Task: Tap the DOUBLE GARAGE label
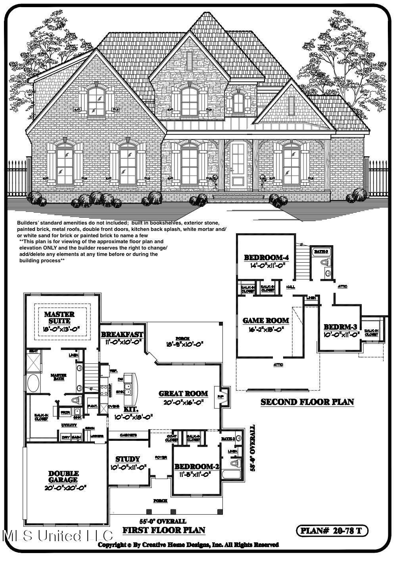pyautogui.click(x=63, y=476)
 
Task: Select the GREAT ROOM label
pyautogui.click(x=183, y=394)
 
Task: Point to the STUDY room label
pyautogui.click(x=128, y=459)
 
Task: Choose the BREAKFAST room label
pyautogui.click(x=122, y=334)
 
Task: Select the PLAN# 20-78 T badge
pyautogui.click(x=332, y=530)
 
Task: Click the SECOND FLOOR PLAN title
pyautogui.click(x=307, y=402)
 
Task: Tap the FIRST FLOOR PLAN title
pyautogui.click(x=163, y=530)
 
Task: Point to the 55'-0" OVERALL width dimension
pyautogui.click(x=163, y=521)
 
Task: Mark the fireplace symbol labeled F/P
pyautogui.click(x=221, y=396)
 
